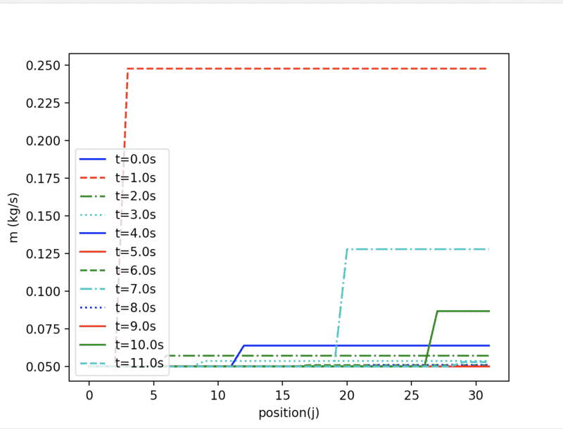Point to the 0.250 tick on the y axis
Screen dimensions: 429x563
[x=46, y=65]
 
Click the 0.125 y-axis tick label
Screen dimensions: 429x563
[x=46, y=253]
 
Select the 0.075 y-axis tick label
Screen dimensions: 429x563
[x=46, y=328]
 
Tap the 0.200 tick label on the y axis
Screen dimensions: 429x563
[x=46, y=141]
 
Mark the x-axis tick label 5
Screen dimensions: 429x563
[x=153, y=395]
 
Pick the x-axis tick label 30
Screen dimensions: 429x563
[x=476, y=395]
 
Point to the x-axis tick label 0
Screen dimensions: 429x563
[x=89, y=395]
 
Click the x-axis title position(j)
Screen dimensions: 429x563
[x=289, y=412]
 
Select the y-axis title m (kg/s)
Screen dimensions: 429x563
[x=14, y=217]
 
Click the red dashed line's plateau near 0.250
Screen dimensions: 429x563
[x=303, y=69]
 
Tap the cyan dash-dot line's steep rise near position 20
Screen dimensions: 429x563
[x=341, y=302]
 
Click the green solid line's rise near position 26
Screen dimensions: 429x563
[x=431, y=338]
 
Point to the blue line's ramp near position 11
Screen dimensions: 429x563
[x=238, y=355]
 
